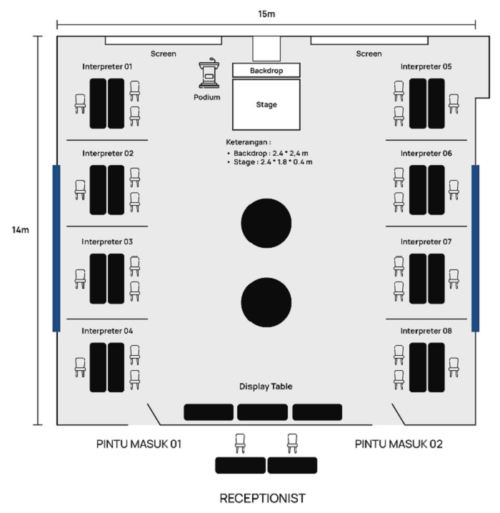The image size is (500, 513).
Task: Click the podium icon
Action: click(210, 76)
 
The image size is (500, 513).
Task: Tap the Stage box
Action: click(266, 104)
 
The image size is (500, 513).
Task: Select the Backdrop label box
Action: click(266, 71)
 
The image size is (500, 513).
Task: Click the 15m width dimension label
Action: click(266, 13)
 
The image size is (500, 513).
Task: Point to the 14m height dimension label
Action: click(20, 230)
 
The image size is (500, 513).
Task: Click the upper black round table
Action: click(266, 221)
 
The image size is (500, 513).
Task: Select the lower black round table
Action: click(266, 301)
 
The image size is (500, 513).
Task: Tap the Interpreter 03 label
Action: click(107, 242)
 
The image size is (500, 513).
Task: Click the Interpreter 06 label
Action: click(426, 154)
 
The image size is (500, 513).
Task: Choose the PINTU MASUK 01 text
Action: click(139, 444)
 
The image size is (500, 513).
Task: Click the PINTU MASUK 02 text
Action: click(399, 444)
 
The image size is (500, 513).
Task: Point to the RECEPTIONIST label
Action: click(262, 497)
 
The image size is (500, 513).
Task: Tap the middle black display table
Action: click(263, 412)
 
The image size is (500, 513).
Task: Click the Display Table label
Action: click(266, 387)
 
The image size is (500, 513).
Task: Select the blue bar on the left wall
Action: click(56, 248)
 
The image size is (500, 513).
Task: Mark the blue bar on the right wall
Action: click(475, 248)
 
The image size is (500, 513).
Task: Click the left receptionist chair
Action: click(240, 444)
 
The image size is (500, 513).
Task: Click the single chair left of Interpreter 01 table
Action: click(81, 104)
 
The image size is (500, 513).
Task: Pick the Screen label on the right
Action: click(369, 54)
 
